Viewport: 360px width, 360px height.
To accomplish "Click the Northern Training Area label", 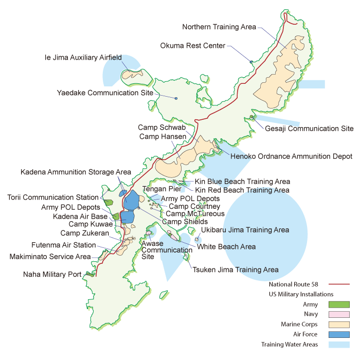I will (219, 27).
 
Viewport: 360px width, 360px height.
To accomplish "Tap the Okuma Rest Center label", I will (192, 46).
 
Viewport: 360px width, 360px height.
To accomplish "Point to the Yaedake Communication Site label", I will (105, 93).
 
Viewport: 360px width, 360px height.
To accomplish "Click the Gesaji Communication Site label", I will (309, 129).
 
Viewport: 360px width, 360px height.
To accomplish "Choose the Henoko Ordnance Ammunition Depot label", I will (291, 156).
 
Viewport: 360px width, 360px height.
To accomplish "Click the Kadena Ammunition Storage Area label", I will (76, 172).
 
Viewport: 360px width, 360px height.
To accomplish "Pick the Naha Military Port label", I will (52, 275).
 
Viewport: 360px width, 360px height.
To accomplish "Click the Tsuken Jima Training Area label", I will (236, 269).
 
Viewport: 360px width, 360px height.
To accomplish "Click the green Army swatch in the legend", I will (339, 304).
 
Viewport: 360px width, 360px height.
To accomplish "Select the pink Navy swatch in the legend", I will (339, 314).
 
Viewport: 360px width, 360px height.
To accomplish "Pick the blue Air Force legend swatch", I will (339, 334).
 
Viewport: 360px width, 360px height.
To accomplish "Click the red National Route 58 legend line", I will (338, 284).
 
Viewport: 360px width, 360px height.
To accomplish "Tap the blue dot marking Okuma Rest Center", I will (251, 62).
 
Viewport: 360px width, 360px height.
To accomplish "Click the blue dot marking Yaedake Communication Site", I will (176, 98).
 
